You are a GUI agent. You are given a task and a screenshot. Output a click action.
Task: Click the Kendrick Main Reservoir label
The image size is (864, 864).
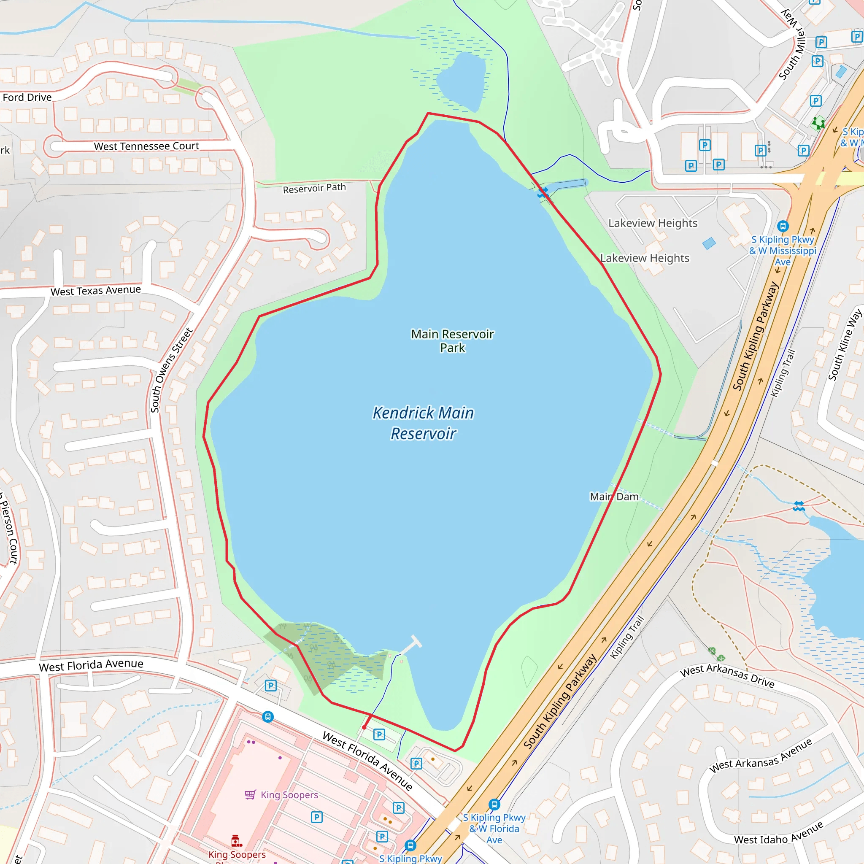pos(423,423)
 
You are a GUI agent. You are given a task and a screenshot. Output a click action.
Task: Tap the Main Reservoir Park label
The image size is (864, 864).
pos(452,341)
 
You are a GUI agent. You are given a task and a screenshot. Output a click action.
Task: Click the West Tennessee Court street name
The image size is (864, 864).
pos(146,146)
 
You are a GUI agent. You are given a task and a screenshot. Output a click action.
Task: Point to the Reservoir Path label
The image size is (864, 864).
pos(314,188)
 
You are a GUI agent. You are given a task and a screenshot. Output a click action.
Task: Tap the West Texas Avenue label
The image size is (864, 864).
pos(96,291)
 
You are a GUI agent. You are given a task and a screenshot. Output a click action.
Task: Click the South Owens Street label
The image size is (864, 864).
pos(170,370)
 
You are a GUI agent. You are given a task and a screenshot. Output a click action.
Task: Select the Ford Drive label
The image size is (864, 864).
pos(27,97)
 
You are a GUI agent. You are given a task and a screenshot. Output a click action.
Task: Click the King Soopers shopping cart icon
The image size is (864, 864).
pos(250,794)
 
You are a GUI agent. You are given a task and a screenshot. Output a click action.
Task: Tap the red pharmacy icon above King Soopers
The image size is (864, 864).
pos(237,840)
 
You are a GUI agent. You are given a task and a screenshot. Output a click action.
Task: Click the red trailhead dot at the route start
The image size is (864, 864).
pos(364,727)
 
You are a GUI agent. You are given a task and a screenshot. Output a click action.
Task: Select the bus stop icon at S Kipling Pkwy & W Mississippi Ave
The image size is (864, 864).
pos(782,226)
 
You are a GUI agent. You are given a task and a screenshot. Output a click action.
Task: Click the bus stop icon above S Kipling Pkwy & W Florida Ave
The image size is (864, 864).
pos(494,805)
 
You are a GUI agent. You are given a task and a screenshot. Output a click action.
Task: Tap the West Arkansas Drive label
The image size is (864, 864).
pos(727,676)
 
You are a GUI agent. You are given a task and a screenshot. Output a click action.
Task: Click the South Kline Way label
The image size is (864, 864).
pos(844,345)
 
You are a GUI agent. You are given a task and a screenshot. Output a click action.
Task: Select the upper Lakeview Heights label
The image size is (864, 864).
pos(653,223)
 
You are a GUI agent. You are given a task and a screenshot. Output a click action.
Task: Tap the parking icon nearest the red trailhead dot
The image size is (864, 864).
pos(379,734)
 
